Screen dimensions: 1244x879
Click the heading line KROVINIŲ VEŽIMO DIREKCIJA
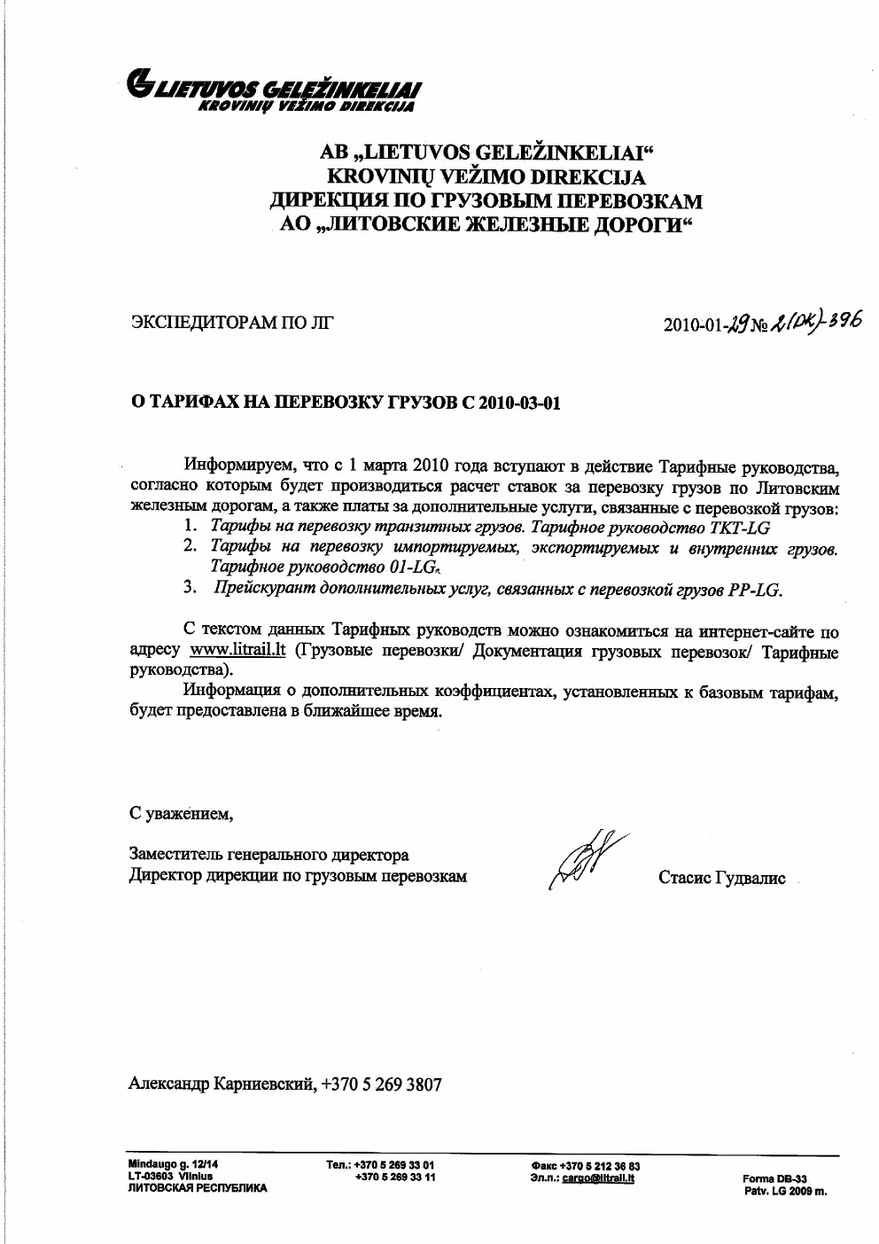pos(486,176)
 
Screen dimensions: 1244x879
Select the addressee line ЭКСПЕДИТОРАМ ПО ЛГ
pos(232,322)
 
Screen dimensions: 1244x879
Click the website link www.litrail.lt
pos(237,650)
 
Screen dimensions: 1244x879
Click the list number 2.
pos(191,546)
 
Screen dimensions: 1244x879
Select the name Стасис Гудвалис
pos(721,878)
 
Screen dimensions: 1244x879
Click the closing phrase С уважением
pos(181,813)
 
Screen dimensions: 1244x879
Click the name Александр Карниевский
pos(221,1084)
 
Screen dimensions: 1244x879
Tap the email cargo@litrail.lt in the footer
pos(598,1178)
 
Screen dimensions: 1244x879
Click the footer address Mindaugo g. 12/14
pos(174,1164)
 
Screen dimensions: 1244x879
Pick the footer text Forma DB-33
pos(774,1179)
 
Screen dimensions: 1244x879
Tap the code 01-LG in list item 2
pos(412,567)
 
